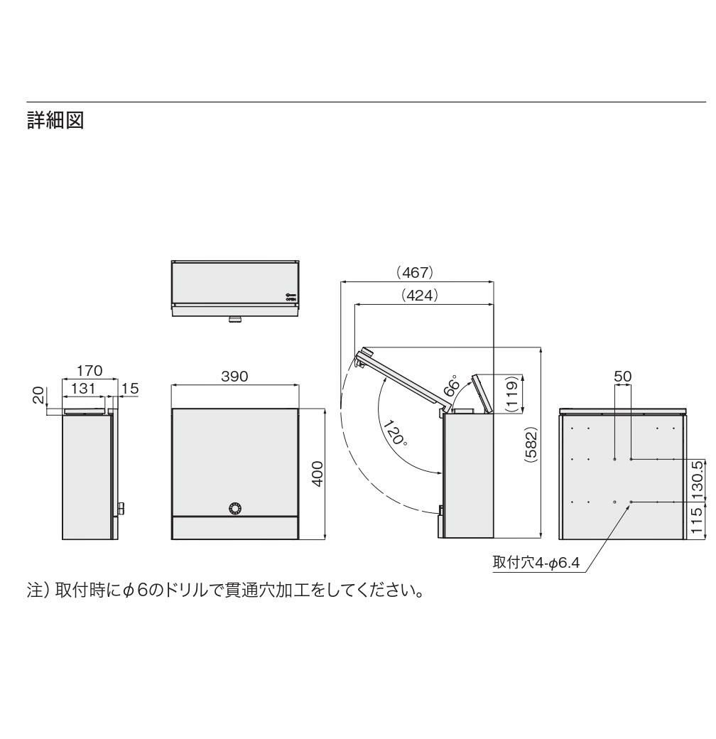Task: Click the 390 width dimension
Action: [234, 377]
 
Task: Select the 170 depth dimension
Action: [90, 370]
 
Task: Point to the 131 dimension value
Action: [85, 389]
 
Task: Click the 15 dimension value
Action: [130, 389]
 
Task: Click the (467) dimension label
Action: [414, 272]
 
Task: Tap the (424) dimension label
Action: [419, 294]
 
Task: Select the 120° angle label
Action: [395, 432]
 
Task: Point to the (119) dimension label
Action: [511, 393]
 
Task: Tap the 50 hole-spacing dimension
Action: [623, 376]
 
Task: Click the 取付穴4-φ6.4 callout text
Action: [537, 563]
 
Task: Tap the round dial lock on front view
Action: [234, 508]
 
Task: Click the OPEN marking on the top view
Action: [291, 299]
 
